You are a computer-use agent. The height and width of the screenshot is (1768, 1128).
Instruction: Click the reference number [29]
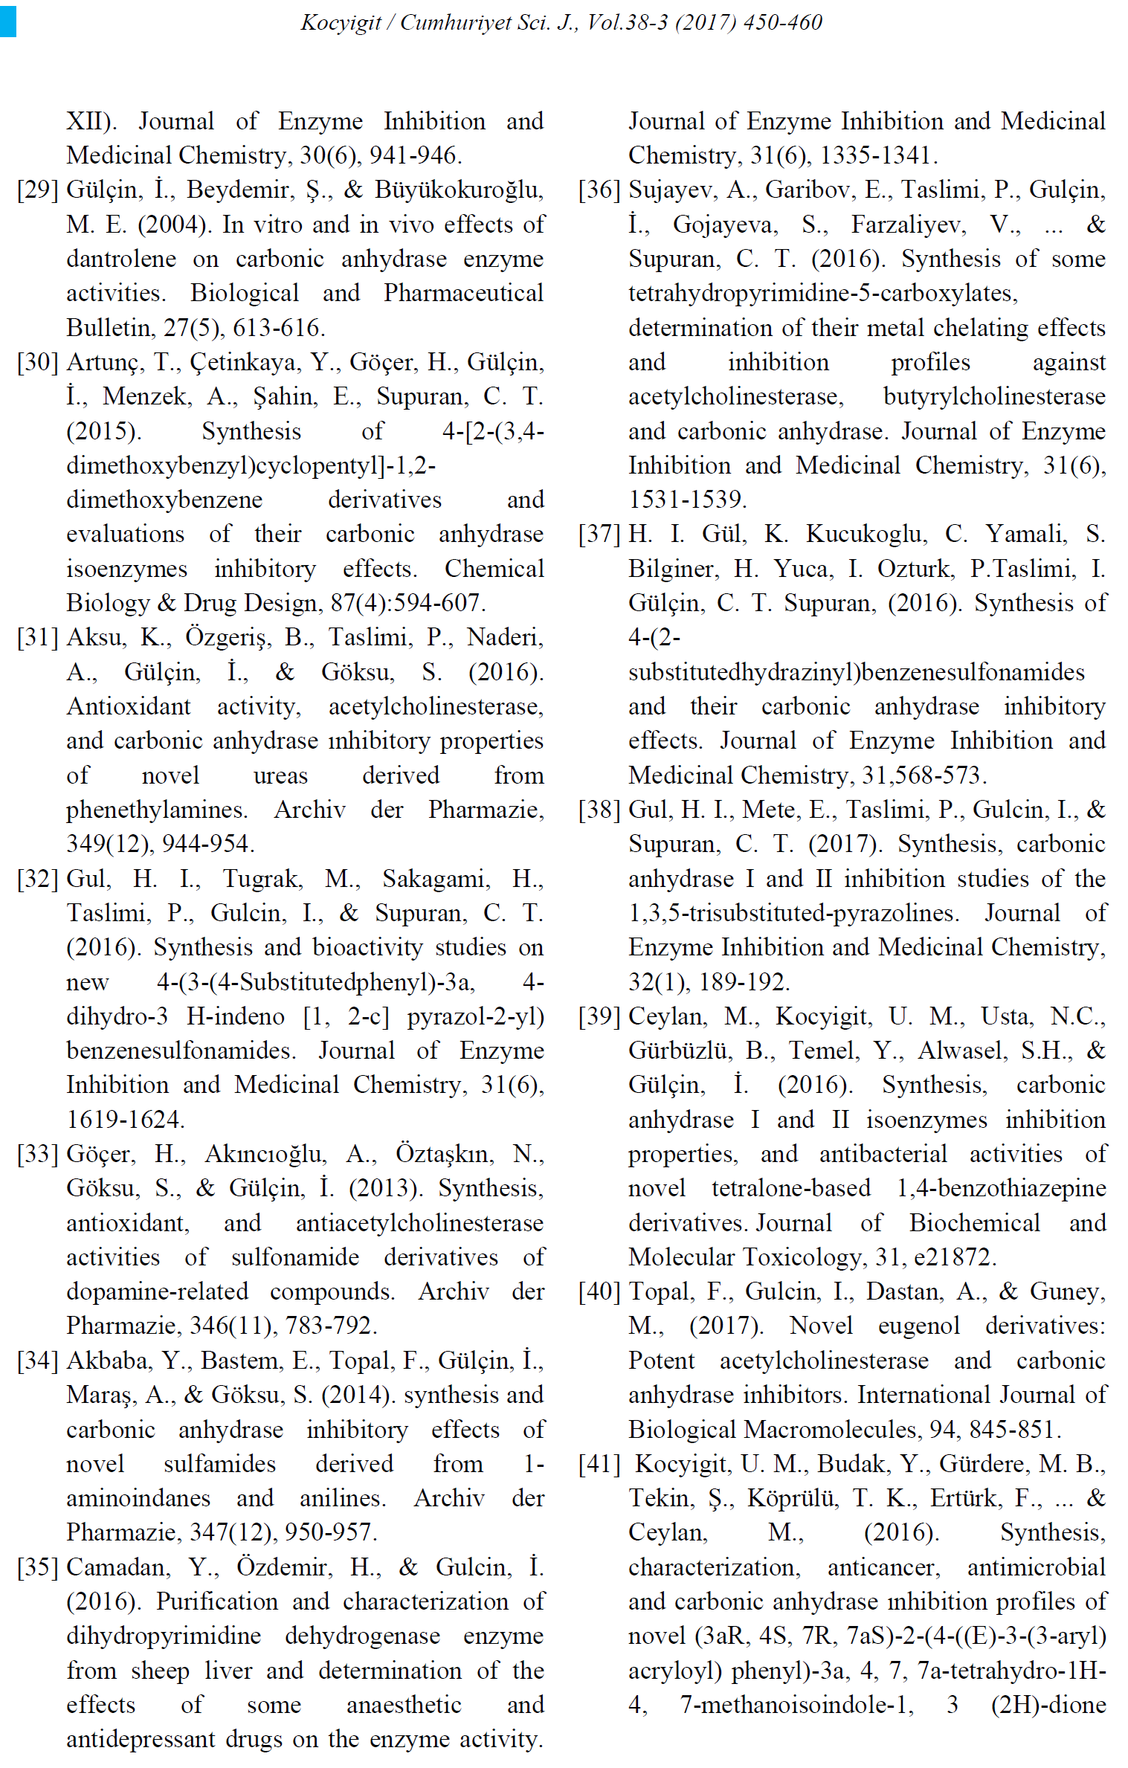coord(38,190)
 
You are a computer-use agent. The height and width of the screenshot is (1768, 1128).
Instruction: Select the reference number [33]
coord(38,1154)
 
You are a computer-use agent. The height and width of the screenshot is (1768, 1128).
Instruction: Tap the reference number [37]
coord(599,534)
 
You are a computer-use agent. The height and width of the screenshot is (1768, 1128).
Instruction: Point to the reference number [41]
coord(599,1464)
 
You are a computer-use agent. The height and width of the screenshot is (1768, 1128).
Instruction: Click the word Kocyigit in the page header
coord(341,22)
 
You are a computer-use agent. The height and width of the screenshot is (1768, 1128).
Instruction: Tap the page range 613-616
coord(279,328)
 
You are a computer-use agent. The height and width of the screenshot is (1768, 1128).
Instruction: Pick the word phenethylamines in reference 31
coord(157,810)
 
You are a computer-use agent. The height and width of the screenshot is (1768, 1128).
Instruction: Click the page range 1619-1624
coord(126,1119)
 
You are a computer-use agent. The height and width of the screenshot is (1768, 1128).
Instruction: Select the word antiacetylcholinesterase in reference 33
coord(419,1223)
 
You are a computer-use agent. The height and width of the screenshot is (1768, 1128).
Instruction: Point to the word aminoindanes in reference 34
coord(138,1498)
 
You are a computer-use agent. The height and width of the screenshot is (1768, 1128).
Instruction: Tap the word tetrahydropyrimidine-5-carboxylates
coord(822,294)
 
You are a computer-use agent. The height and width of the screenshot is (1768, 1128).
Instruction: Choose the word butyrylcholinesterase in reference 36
coord(994,396)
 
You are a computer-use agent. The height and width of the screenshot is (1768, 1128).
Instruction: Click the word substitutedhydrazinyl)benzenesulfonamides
coord(856,672)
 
